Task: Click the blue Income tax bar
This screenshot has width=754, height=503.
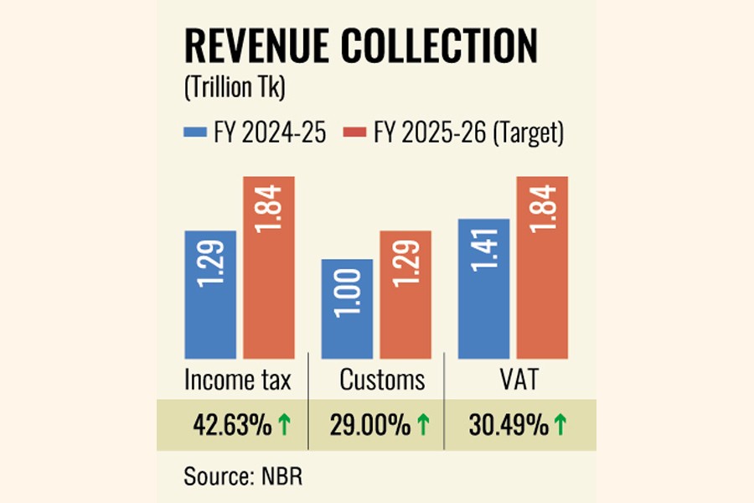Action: click(x=210, y=294)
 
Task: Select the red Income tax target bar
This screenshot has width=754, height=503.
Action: click(x=269, y=267)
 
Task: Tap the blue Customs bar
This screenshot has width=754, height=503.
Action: click(x=347, y=309)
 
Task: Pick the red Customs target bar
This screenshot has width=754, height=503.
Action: click(x=405, y=294)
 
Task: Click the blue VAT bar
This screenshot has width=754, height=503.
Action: click(x=483, y=288)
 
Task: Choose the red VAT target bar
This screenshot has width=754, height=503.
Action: click(x=542, y=267)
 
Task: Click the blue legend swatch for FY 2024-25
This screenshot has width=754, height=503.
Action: click(x=195, y=132)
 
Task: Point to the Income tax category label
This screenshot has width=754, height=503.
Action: click(x=238, y=381)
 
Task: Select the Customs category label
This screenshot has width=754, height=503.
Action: click(x=382, y=381)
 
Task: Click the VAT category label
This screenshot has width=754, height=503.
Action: click(x=514, y=381)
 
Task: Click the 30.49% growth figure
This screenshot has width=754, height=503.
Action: click(x=509, y=426)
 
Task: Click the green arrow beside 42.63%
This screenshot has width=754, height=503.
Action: click(x=284, y=426)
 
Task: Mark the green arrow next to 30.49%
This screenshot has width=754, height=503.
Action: click(x=559, y=426)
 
